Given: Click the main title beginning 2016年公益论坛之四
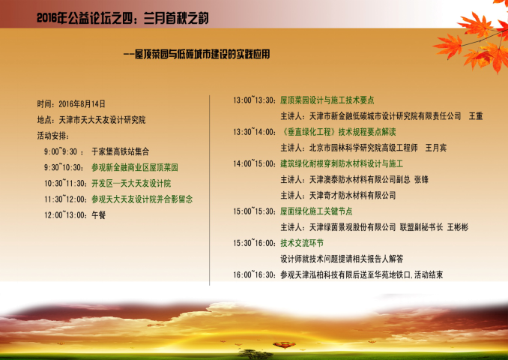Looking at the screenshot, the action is click(122, 18).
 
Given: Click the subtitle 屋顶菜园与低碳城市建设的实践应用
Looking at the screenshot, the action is click(202, 54).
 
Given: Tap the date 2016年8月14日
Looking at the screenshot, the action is click(82, 103).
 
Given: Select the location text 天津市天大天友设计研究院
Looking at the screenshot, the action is click(102, 120).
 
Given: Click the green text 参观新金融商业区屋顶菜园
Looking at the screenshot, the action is click(135, 167).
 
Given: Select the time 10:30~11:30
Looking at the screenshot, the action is click(65, 183).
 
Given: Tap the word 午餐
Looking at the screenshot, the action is click(98, 215).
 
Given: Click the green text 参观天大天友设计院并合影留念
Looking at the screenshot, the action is click(142, 199).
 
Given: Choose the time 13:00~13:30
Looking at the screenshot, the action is click(254, 100).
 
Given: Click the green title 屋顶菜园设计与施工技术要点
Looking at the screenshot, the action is click(327, 100).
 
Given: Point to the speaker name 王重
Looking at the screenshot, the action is click(476, 116).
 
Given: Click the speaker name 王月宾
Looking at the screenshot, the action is click(436, 148).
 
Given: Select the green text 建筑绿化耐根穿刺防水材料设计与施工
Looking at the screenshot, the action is click(342, 163).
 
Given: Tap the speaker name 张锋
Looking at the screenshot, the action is click(421, 180).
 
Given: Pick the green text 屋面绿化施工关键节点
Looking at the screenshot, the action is click(316, 211).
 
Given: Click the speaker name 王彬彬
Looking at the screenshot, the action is click(458, 227).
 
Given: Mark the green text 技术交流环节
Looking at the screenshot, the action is click(302, 243).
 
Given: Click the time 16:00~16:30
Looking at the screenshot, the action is click(254, 275).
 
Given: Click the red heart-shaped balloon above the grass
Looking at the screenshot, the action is click(284, 345).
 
